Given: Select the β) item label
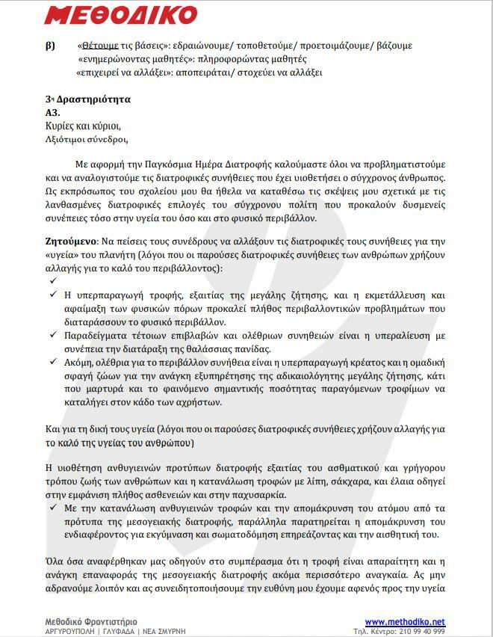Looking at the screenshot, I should (x=50, y=46).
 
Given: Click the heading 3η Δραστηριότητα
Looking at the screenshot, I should (x=87, y=99).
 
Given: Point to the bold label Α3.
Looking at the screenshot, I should (x=52, y=112).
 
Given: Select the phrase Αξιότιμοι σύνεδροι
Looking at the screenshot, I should (x=87, y=138).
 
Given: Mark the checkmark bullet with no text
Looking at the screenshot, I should (x=53, y=280).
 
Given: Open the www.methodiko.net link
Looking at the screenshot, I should (x=405, y=621).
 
